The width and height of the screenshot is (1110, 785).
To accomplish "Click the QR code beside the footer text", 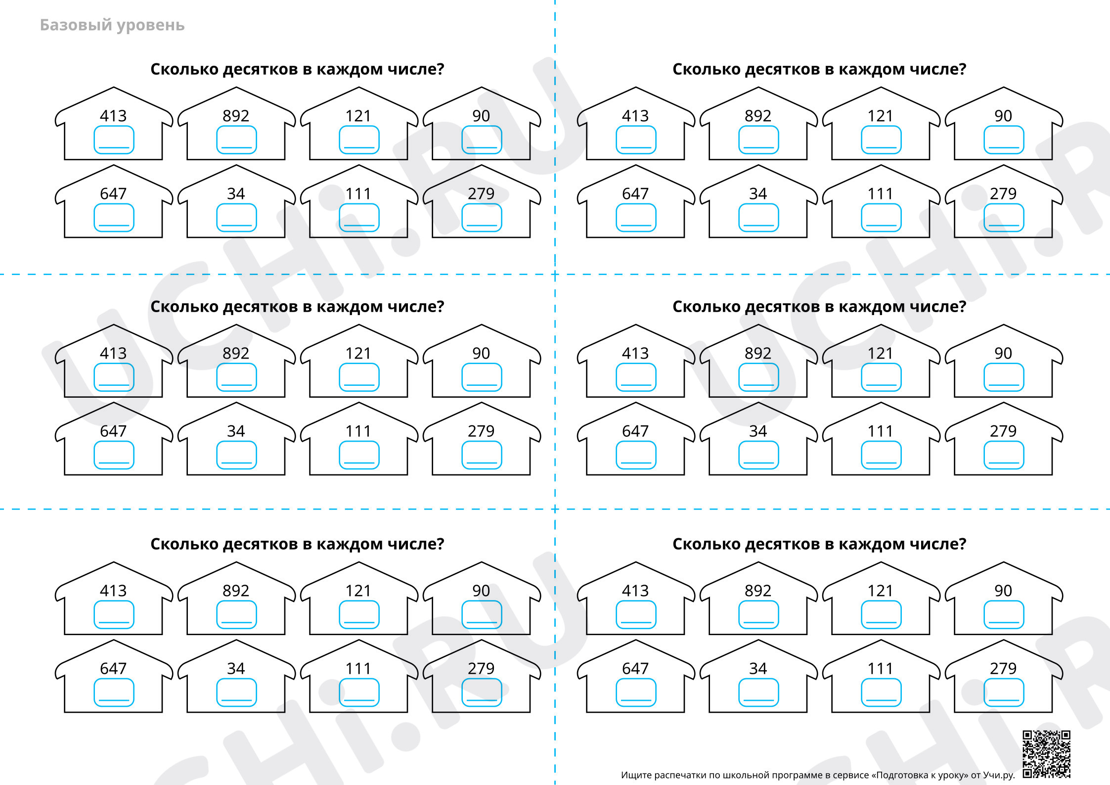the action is (1046, 754).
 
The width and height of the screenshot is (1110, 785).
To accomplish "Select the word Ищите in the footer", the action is (636, 775).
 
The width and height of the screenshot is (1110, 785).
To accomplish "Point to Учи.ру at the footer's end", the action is (999, 775).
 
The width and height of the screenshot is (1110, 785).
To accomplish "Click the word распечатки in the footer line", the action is (680, 775).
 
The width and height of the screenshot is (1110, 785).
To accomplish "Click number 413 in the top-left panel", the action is (113, 116).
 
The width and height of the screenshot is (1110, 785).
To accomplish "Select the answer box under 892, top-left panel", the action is (236, 140).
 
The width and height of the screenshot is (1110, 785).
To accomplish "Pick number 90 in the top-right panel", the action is (1003, 116).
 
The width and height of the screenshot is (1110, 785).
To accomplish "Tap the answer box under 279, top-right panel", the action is (1004, 218).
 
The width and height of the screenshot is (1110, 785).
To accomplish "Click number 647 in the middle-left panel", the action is (113, 431).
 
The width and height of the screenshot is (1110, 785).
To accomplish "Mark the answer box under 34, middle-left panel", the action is (236, 455).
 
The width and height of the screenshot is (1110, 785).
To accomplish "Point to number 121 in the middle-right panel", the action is (881, 353).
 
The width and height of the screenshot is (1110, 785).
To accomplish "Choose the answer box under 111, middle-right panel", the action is (881, 455).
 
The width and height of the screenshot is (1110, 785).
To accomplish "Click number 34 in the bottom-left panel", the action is (236, 668).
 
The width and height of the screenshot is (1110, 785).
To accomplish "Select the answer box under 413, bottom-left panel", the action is (114, 615).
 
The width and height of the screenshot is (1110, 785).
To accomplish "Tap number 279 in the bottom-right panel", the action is (1003, 668).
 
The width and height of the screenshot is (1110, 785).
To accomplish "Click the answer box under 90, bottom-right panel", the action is (1004, 615).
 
